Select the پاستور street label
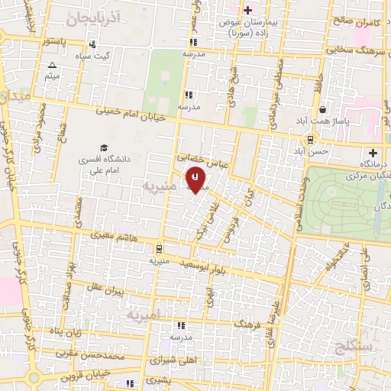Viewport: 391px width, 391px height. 58,40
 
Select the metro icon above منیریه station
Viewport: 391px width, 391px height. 158,248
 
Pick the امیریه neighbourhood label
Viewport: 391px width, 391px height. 145,315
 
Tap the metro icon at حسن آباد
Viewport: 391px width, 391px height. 310,139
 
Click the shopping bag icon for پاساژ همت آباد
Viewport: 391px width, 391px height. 323,108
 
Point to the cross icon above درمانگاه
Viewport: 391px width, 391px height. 373,153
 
